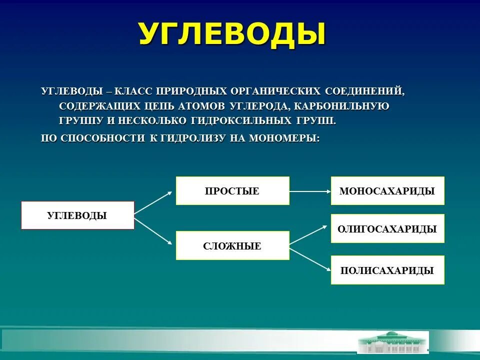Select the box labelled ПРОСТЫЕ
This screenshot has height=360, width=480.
click(232, 190)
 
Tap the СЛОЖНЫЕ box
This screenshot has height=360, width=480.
click(232, 245)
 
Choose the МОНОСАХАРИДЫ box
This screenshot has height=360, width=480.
click(387, 190)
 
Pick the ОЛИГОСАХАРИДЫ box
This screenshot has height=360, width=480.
click(387, 229)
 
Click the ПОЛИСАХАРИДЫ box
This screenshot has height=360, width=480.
click(387, 270)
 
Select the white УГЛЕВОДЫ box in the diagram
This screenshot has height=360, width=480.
click(77, 215)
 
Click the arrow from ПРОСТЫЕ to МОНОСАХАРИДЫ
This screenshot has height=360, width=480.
click(310, 190)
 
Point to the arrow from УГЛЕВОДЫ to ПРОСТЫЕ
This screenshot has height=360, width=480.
click(154, 202)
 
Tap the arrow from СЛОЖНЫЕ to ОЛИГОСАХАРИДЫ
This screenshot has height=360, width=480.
click(310, 234)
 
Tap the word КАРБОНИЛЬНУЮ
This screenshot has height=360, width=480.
click(341, 106)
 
